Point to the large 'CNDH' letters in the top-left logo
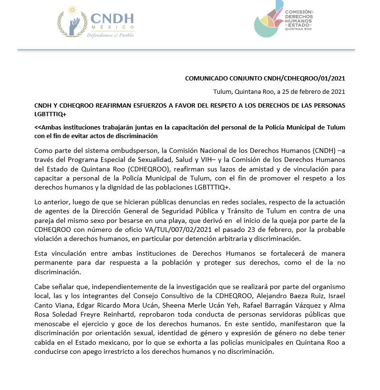[x=112, y=19]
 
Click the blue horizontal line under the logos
[x=186, y=50]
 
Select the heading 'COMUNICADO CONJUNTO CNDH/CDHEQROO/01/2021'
[x=265, y=79]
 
